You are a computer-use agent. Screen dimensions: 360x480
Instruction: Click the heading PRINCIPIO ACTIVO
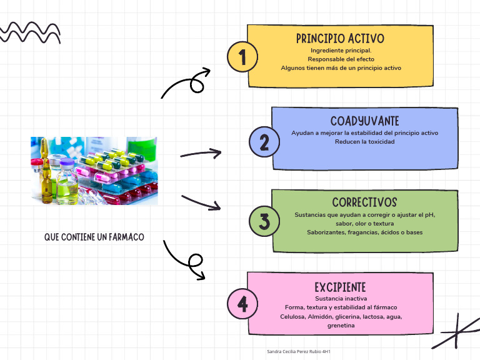tap(340, 39)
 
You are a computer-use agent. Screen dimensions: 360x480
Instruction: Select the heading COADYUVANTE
tap(364, 121)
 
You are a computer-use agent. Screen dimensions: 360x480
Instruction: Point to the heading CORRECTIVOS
tap(364, 202)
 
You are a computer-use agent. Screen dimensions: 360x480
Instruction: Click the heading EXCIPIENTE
tap(340, 287)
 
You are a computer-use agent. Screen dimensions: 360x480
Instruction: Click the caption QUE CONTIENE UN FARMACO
tap(94, 237)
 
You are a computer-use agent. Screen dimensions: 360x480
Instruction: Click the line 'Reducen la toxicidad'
tap(364, 142)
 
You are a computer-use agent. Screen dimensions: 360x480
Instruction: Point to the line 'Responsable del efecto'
tap(340, 59)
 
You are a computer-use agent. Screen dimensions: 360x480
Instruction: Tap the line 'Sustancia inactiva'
tap(340, 299)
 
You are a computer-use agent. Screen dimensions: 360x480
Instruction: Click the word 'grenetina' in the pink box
tap(341, 326)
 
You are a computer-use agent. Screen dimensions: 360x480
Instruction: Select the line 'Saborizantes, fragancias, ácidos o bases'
tap(364, 232)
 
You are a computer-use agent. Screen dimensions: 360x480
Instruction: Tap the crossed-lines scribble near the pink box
tap(456, 332)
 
